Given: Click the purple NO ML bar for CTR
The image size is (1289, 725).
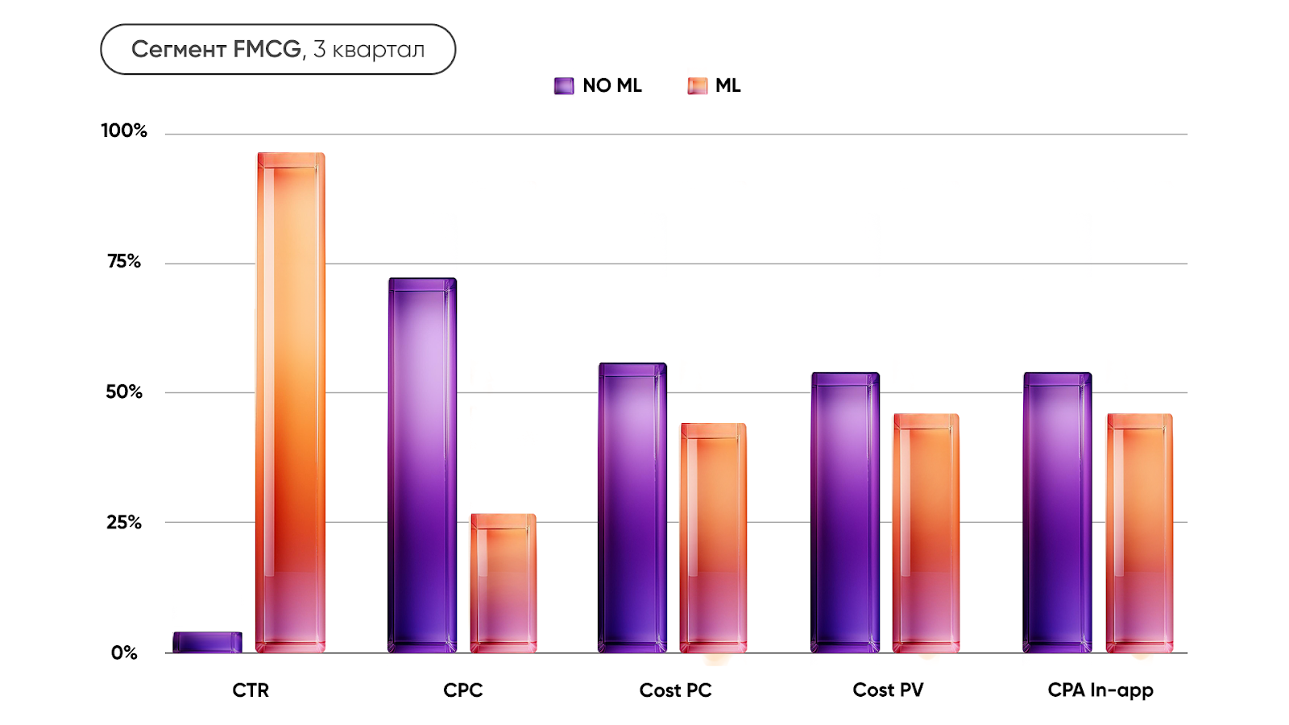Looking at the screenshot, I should click(x=207, y=642).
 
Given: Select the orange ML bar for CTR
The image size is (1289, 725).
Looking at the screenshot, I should click(x=291, y=403).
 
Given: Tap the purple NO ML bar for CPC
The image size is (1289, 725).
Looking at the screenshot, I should click(x=422, y=466).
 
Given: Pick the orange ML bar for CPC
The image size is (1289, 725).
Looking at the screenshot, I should click(x=504, y=583).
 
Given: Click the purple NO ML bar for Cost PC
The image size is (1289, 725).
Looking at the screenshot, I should click(x=632, y=507).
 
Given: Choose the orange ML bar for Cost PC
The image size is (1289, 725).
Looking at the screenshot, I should click(x=714, y=537).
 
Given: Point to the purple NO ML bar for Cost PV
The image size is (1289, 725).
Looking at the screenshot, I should click(x=845, y=512).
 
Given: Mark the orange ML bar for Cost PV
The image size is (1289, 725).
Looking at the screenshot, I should click(x=926, y=533).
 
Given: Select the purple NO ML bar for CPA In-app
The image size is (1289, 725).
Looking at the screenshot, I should click(x=1057, y=512).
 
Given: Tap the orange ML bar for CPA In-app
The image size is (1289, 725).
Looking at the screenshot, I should click(x=1139, y=533).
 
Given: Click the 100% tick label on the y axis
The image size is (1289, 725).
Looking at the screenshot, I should click(x=124, y=130).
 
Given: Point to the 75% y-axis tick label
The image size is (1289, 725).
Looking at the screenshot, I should click(x=124, y=261).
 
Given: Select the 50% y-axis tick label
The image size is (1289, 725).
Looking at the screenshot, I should click(x=124, y=391).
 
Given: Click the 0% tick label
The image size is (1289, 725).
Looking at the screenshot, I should click(x=125, y=652).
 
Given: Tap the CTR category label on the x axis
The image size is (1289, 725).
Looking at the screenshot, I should click(x=251, y=690).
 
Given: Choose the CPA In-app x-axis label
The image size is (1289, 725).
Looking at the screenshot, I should click(x=1100, y=690).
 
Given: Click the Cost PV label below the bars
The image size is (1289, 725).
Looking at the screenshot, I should click(x=888, y=690).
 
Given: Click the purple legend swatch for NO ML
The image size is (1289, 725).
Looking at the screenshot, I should click(x=564, y=85).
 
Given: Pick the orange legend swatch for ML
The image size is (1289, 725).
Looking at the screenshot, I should click(x=697, y=85).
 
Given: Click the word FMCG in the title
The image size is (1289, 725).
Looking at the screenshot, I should click(x=268, y=49).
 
